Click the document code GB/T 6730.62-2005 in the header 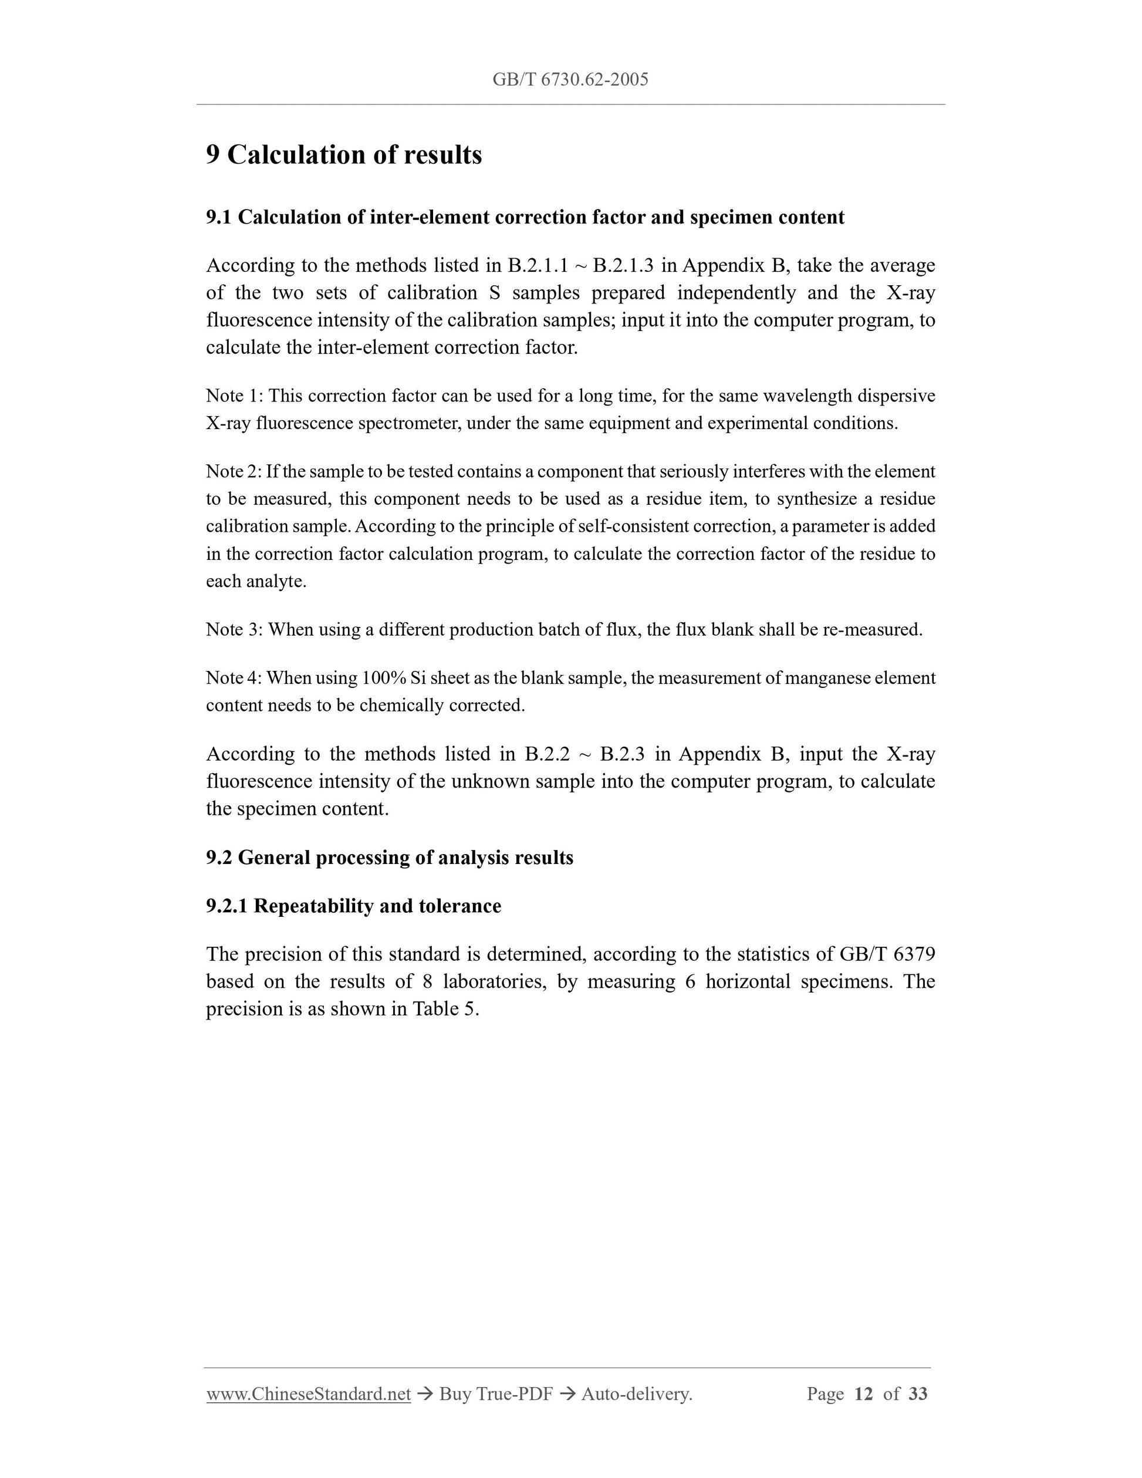pos(570,80)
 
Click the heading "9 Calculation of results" pos(344,155)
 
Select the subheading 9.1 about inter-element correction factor pos(525,217)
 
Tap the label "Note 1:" pos(234,396)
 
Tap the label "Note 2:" pos(234,472)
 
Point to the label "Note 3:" pos(234,630)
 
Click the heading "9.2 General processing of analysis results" pos(390,858)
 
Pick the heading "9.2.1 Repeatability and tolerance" pos(353,906)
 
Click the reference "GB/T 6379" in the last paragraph pos(887,954)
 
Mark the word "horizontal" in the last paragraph pos(748,982)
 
